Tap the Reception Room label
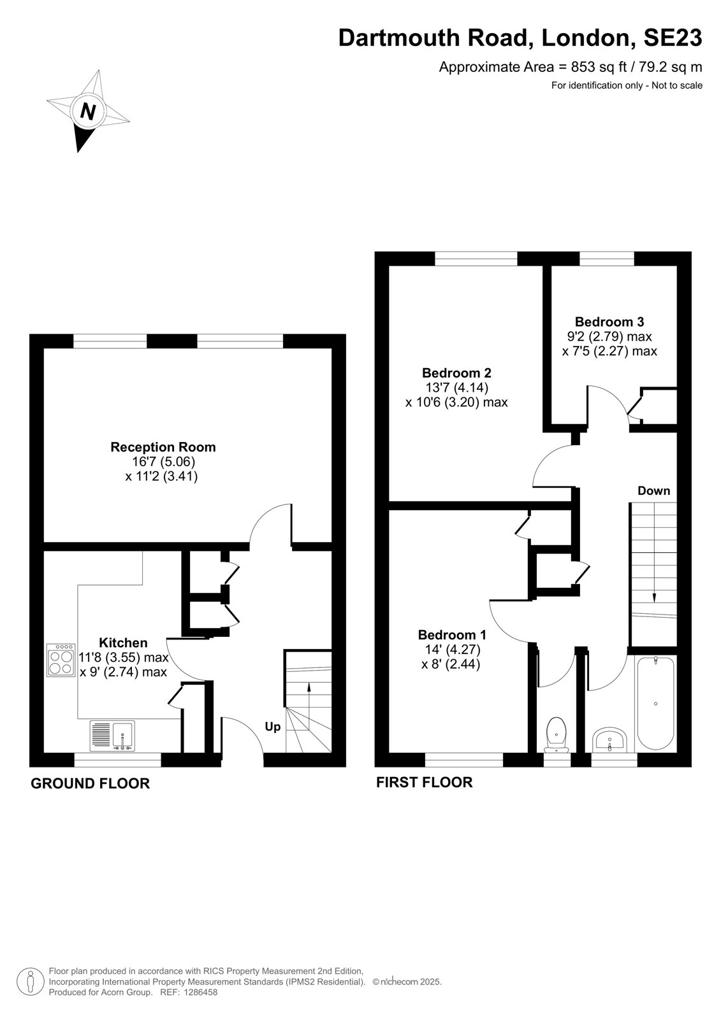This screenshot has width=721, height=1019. pos(163,446)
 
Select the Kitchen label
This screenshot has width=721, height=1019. pos(124,643)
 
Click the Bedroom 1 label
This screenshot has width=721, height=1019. pos(452,634)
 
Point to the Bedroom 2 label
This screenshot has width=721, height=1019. pos(457,373)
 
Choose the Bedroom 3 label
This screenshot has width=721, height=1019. pos(609,322)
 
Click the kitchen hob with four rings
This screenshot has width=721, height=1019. pos(61,660)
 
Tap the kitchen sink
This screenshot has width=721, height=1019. pos(112,736)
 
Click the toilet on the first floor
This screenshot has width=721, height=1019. pos(556,734)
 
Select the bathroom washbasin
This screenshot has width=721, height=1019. pos(610,739)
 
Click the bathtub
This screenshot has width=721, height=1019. pos(655,703)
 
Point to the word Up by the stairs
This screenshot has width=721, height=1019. pos(273,727)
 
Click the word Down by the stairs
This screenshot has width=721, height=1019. pos(653,490)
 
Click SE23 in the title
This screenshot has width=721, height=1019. pos(673,38)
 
